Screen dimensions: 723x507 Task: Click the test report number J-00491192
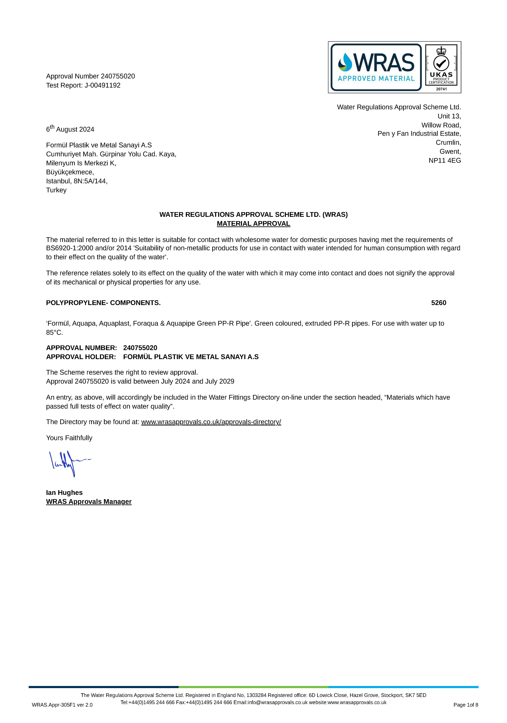[102, 85]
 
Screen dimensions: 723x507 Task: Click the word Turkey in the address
[56, 190]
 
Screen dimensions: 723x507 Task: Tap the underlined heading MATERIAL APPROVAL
[253, 224]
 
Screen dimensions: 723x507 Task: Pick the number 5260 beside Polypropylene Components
[438, 303]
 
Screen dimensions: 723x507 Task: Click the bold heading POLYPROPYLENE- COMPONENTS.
[103, 303]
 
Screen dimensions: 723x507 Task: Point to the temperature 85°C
[54, 333]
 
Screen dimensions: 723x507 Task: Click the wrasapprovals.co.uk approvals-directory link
[211, 422]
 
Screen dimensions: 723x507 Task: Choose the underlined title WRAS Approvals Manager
[89, 502]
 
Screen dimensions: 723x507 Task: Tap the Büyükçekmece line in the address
[70, 172]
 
